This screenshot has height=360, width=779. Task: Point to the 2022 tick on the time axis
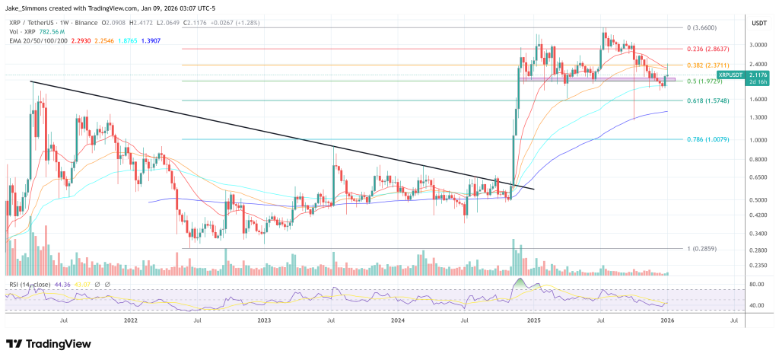point(130,321)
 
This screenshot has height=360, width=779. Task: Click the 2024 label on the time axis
point(398,321)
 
